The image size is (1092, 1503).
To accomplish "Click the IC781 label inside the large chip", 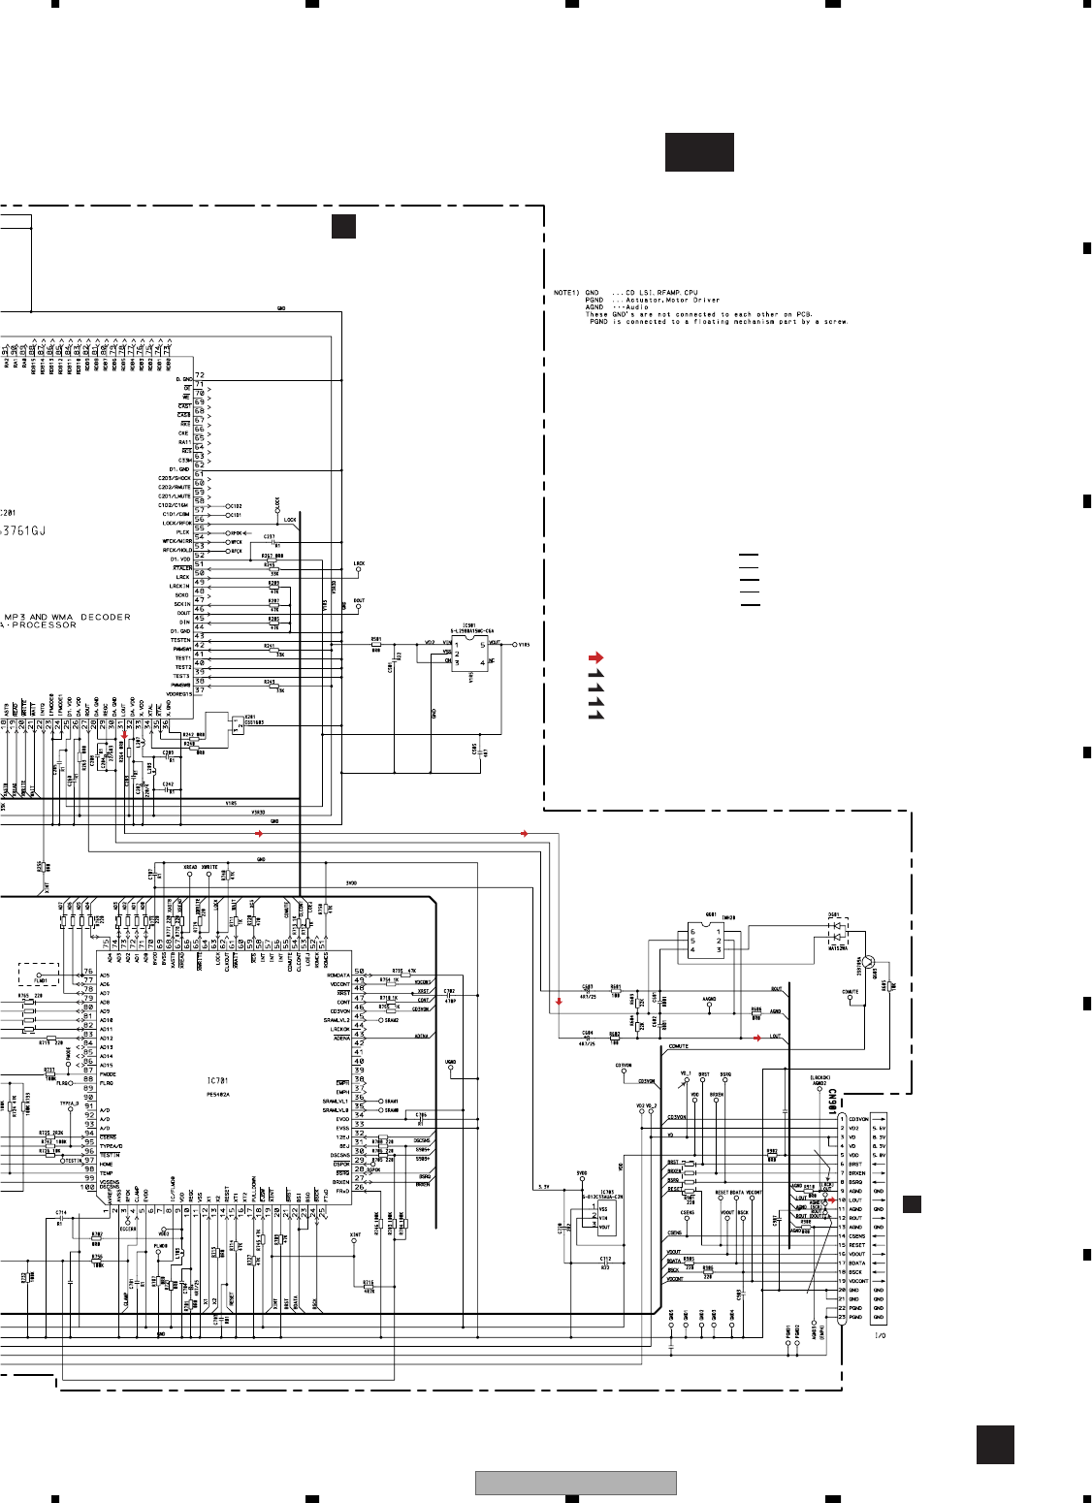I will tap(217, 1080).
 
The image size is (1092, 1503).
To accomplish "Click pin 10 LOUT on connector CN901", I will tap(841, 1200).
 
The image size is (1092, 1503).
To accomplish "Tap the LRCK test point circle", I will tap(359, 570).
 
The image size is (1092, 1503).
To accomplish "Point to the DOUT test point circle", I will tap(359, 608).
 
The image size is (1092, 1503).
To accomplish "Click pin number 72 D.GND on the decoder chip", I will tap(200, 374).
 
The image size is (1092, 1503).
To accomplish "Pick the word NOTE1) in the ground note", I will tap(565, 292).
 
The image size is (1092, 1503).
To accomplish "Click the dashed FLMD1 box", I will tap(41, 974).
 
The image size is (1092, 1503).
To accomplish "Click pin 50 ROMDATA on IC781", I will tap(359, 972).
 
